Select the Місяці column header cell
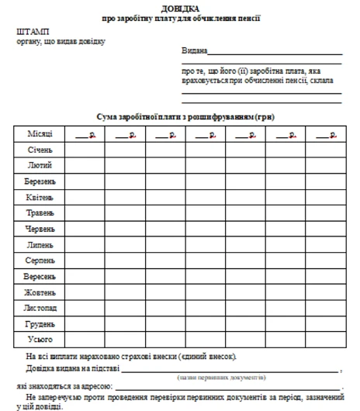pos(40,133)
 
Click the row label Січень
pos(40,149)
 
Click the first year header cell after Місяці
pos(85,133)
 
